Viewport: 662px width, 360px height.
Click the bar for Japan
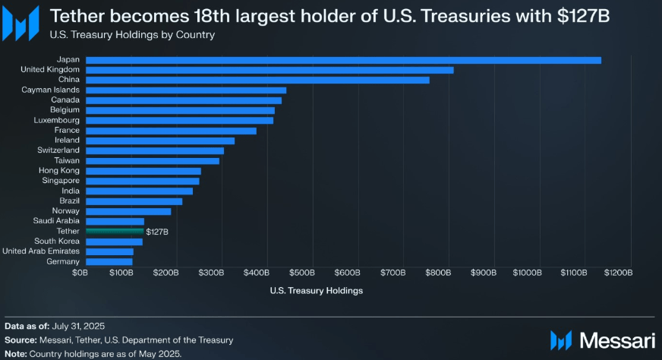(343, 60)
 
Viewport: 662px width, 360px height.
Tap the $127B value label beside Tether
(157, 231)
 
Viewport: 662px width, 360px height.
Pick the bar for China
(257, 80)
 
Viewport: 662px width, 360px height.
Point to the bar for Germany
(109, 261)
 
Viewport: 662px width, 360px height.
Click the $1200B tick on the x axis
(617, 271)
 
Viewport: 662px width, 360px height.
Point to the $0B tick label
(80, 271)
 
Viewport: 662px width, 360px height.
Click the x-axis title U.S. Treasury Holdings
(316, 290)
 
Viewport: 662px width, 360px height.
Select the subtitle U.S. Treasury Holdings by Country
(132, 34)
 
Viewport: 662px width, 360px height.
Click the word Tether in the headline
(76, 15)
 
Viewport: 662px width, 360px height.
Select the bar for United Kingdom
(270, 70)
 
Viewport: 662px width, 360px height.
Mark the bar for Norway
(128, 211)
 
